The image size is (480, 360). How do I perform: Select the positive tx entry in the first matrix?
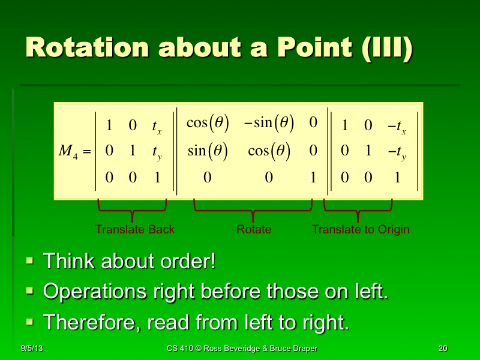tap(156, 126)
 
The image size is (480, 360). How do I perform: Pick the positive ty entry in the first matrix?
tap(156, 152)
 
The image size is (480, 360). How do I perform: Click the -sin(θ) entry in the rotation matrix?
tap(268, 123)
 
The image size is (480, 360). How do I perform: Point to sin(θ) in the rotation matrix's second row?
tap(207, 151)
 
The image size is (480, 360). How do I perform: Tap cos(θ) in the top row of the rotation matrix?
tap(207, 123)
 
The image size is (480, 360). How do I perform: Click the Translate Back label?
tap(135, 229)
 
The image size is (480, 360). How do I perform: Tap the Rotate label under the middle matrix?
tap(254, 229)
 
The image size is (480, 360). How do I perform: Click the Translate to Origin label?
tap(361, 229)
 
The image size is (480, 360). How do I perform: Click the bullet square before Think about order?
tap(30, 262)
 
